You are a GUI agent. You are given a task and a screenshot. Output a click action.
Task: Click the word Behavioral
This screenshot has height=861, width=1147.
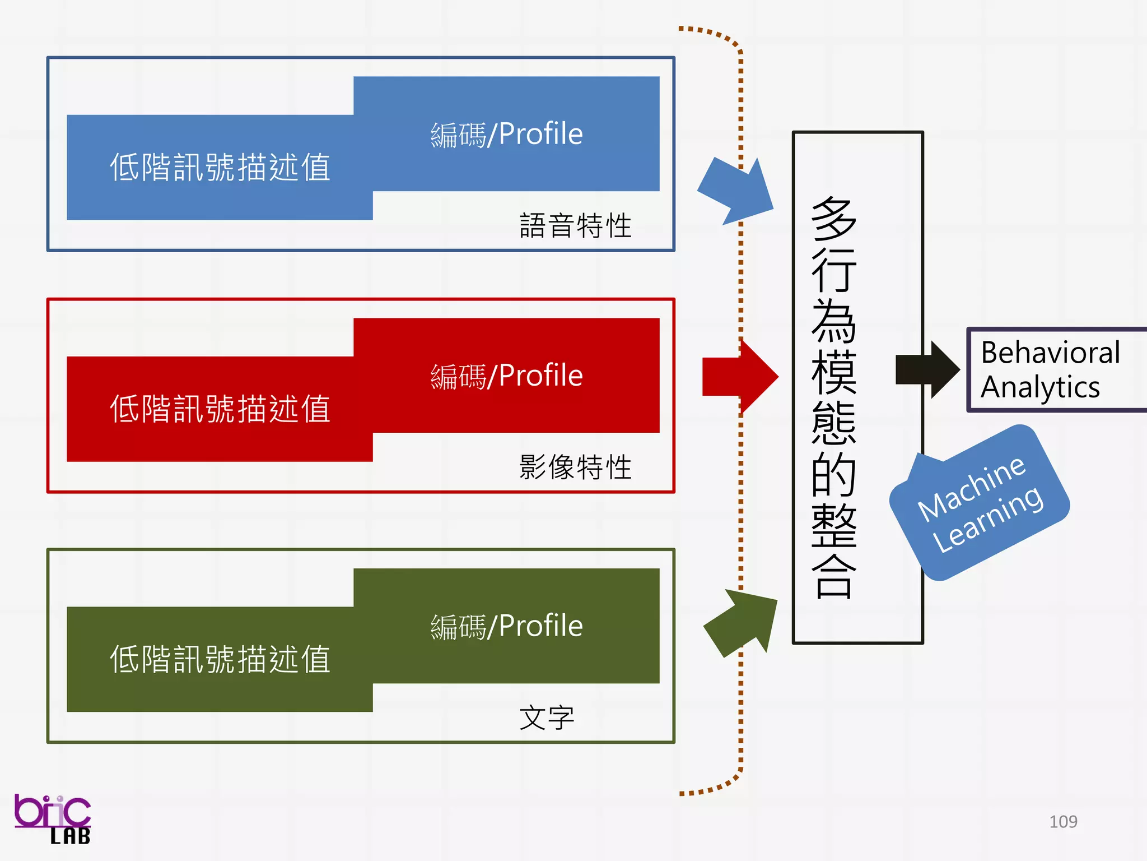pyautogui.click(x=1050, y=353)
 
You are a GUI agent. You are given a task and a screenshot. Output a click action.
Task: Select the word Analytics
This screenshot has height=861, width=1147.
pyautogui.click(x=1040, y=387)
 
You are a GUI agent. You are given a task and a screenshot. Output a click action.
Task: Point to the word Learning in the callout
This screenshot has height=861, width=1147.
pyautogui.click(x=988, y=519)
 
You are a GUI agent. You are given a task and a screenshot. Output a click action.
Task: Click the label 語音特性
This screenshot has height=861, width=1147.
pyautogui.click(x=575, y=225)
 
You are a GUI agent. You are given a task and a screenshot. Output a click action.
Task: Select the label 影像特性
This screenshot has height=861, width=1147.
pyautogui.click(x=575, y=467)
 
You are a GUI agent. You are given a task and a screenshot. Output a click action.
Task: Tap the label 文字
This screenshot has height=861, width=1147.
pyautogui.click(x=547, y=717)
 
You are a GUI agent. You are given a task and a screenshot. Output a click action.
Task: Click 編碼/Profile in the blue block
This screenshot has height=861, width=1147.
pyautogui.click(x=506, y=135)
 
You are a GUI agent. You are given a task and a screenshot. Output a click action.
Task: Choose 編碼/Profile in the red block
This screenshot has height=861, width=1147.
pyautogui.click(x=506, y=376)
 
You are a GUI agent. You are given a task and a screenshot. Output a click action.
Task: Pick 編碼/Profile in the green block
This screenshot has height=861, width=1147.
pyautogui.click(x=506, y=626)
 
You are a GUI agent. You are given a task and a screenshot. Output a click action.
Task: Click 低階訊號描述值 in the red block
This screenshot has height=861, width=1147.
pyautogui.click(x=220, y=409)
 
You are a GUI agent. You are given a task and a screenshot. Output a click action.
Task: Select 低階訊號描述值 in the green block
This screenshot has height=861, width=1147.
pyautogui.click(x=220, y=659)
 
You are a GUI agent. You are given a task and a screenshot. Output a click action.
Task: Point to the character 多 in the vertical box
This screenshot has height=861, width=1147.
pyautogui.click(x=834, y=219)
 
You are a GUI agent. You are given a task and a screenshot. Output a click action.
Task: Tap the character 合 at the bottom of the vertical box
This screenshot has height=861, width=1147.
pyautogui.click(x=834, y=577)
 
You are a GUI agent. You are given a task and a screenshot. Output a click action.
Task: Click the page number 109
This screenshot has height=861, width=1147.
pyautogui.click(x=1063, y=822)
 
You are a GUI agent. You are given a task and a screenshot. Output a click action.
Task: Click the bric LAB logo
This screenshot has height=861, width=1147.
pyautogui.click(x=53, y=819)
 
